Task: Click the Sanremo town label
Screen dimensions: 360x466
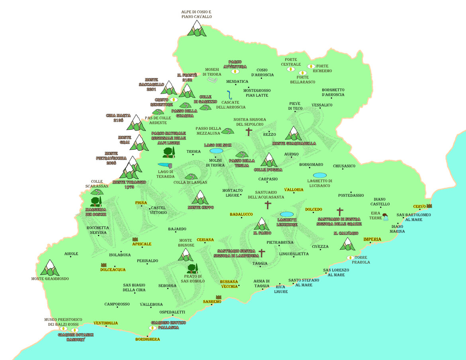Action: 212,301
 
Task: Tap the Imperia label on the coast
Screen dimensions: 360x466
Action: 372,239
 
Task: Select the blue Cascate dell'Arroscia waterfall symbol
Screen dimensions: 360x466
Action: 229,95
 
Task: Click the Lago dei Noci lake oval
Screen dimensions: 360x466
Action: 216,151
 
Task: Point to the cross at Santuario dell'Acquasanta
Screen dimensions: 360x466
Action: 268,205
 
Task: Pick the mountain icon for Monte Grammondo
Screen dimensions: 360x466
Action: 50,268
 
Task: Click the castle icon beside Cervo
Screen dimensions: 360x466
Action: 429,206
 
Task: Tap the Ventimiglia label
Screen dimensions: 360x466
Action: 106,323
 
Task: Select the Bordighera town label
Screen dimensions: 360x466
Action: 147,339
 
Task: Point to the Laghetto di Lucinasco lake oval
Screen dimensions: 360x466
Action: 319,175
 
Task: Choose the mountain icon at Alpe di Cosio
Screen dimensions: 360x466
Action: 196,29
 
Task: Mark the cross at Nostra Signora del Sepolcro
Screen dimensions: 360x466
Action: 249,132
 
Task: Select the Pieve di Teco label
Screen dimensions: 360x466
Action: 296,106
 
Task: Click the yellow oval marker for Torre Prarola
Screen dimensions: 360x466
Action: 351,258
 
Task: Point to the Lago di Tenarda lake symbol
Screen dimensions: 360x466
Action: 165,164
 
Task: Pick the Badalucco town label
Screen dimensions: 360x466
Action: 241,214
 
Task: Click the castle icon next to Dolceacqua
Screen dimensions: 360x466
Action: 104,265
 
